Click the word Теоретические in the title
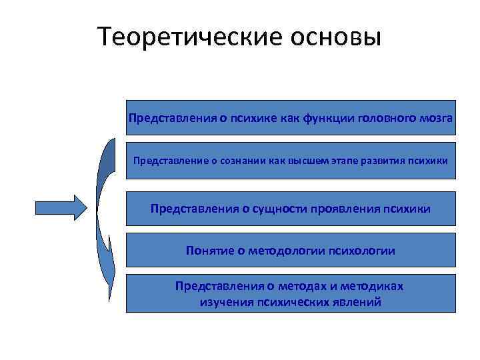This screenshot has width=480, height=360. (179, 37)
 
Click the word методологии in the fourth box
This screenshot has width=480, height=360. (282, 251)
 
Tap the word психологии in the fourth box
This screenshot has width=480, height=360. (360, 251)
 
